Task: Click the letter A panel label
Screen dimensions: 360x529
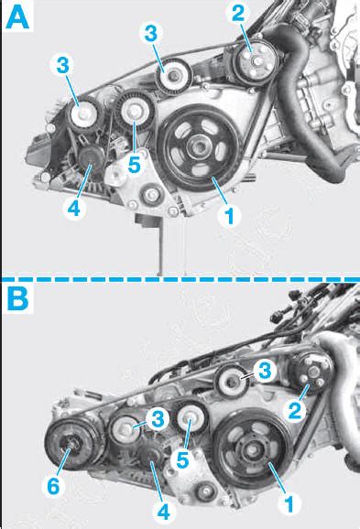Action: [17, 17]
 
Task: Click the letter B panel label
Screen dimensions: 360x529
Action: [18, 299]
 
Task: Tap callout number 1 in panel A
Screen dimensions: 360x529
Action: [230, 216]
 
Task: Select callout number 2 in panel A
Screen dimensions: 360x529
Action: [238, 13]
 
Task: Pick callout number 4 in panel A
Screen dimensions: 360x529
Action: [73, 208]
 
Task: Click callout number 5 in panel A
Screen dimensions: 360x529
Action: [134, 166]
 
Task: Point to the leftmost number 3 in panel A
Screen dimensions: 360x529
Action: [63, 65]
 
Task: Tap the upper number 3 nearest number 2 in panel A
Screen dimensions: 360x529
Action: [151, 34]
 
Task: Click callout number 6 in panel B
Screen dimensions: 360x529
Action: [53, 486]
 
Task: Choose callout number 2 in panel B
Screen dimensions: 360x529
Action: [295, 411]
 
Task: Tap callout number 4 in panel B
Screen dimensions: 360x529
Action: [163, 512]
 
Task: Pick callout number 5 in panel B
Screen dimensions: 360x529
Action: [182, 460]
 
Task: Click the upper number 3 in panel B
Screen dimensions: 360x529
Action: [265, 371]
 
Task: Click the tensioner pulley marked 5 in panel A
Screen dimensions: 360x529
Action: [135, 112]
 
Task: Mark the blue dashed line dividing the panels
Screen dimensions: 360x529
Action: [180, 279]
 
